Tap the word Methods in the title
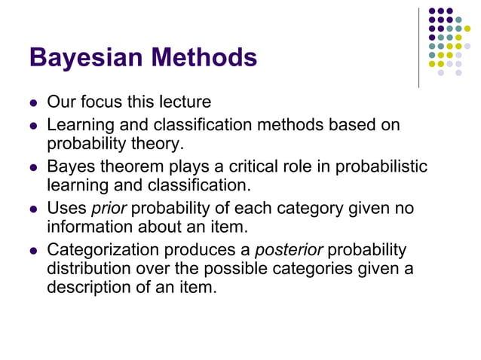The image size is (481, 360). point(203,56)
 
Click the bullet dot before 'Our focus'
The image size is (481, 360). point(33,102)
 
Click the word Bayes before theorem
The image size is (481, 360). point(70,166)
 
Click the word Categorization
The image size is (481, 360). point(103,249)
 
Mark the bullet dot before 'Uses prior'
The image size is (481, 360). point(33,209)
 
